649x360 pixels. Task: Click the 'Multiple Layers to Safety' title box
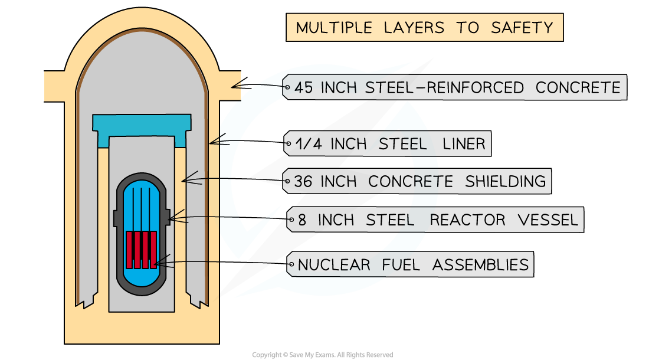coord(424,28)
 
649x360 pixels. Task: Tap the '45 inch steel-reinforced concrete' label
coord(454,88)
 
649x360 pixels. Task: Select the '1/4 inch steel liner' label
coord(387,144)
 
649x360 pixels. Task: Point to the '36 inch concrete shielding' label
coord(417,181)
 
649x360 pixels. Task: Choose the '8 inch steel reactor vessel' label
coord(435,220)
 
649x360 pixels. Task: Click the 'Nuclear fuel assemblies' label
coord(410,264)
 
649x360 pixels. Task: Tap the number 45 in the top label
coord(304,88)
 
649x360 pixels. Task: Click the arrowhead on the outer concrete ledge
coord(234,86)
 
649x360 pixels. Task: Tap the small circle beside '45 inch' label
coord(287,88)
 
